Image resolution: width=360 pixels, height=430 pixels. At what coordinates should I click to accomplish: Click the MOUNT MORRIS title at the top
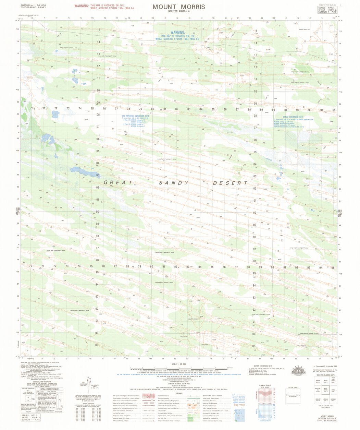(x=179, y=7)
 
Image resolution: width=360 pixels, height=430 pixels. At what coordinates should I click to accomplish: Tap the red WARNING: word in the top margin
(x=82, y=6)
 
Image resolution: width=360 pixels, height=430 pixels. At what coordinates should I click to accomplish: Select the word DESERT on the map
(x=230, y=183)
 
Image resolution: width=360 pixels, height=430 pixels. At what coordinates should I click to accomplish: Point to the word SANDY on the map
(x=174, y=183)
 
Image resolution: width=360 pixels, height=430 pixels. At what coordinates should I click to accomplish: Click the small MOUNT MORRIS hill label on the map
(x=193, y=319)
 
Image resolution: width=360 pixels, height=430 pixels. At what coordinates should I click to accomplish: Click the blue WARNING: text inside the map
(x=175, y=33)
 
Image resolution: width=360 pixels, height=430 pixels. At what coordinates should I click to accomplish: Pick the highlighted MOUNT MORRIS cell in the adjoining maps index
(x=326, y=390)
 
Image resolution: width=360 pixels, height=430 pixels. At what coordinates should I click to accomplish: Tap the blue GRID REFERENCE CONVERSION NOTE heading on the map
(x=136, y=116)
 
